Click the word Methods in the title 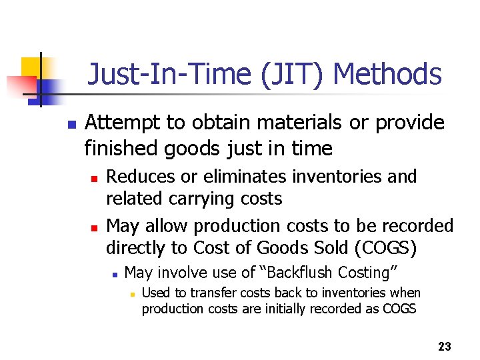click(x=387, y=75)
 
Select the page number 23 click(x=444, y=347)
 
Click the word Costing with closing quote click(x=369, y=273)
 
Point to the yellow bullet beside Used click(x=133, y=294)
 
